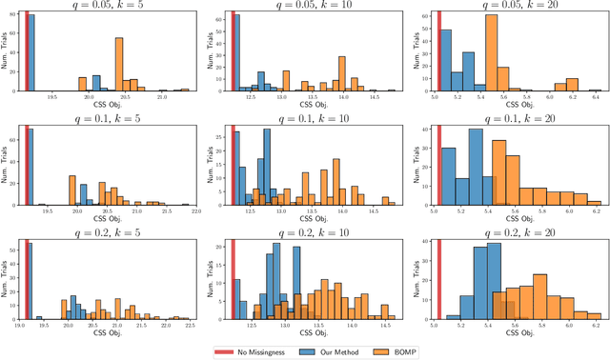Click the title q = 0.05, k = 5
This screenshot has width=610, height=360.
[110, 5]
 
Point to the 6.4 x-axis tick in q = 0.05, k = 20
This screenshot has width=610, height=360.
[594, 97]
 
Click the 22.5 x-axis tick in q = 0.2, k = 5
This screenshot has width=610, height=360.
[189, 325]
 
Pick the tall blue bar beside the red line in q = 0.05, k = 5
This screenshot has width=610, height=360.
[31, 53]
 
